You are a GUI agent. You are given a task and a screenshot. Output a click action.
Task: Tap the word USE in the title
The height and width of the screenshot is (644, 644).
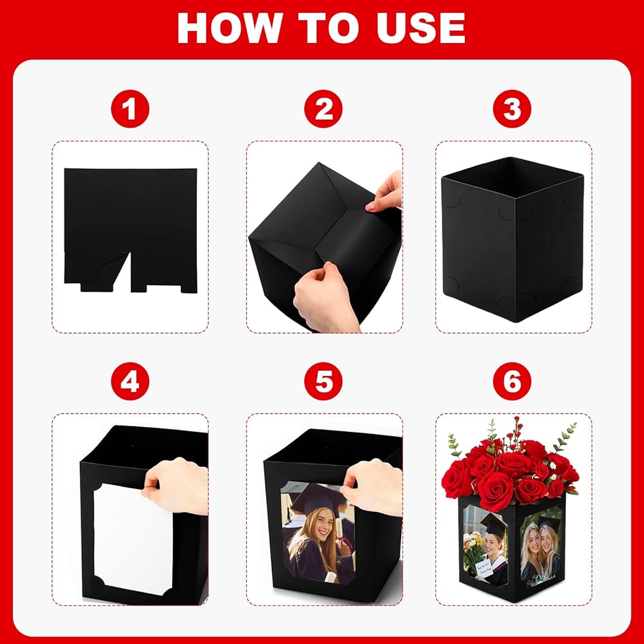[x=421, y=28]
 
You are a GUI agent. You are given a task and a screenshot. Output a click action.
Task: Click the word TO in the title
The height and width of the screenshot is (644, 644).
[x=328, y=28]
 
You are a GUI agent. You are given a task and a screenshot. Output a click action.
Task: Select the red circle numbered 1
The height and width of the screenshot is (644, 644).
[x=130, y=109]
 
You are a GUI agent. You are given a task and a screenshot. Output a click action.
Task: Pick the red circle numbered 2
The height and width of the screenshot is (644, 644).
[x=323, y=109]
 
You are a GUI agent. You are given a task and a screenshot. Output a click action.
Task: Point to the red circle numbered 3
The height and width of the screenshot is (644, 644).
[x=512, y=109]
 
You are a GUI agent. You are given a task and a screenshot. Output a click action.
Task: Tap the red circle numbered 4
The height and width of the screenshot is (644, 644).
[x=130, y=381]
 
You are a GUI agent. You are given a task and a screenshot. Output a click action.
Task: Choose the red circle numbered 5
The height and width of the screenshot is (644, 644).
[x=323, y=381]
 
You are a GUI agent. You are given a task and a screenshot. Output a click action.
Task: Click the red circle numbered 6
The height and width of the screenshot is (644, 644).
[x=512, y=381]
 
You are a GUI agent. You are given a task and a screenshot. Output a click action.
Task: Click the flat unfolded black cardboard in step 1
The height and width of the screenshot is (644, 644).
[x=131, y=218]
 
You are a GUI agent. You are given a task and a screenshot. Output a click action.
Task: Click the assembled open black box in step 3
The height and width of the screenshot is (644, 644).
[x=513, y=239]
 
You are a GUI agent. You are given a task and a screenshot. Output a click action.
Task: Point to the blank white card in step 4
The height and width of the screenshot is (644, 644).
[x=132, y=538]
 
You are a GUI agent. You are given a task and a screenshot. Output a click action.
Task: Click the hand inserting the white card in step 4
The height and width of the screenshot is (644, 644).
[x=176, y=487]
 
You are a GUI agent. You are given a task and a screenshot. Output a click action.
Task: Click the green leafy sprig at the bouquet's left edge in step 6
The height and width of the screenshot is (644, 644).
[x=454, y=446]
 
